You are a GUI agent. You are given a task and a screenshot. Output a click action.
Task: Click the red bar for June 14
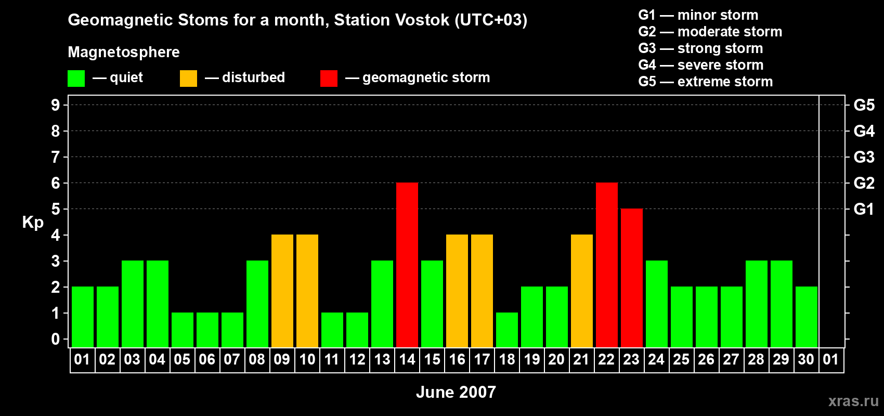click(407, 265)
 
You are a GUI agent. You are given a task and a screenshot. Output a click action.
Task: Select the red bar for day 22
click(607, 265)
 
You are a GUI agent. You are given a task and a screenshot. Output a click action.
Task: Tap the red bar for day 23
click(632, 278)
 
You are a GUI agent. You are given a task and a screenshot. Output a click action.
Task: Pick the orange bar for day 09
click(282, 291)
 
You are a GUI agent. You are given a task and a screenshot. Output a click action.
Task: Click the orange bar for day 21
click(582, 291)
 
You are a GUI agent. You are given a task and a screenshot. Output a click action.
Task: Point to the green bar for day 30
click(807, 317)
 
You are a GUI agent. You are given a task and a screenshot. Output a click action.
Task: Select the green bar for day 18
click(507, 330)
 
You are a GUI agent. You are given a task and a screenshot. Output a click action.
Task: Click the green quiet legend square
click(76, 79)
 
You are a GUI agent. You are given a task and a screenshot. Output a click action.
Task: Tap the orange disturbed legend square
click(188, 79)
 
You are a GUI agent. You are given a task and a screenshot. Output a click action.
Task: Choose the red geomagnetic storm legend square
click(329, 79)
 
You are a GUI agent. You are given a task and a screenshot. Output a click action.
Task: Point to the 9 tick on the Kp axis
click(56, 105)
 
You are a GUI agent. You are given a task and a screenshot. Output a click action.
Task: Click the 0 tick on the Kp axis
click(56, 340)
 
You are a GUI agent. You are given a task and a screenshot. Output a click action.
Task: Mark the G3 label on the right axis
click(864, 157)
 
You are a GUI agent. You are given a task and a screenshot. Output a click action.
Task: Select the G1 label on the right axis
click(864, 209)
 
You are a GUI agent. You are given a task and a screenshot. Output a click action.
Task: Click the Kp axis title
click(33, 223)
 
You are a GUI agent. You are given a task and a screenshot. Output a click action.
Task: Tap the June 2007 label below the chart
click(456, 392)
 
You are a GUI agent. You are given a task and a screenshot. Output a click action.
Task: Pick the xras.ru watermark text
click(853, 401)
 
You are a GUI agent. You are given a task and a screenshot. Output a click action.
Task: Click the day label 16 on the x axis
click(457, 360)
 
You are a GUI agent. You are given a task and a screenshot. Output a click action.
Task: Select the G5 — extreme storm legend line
click(706, 82)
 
